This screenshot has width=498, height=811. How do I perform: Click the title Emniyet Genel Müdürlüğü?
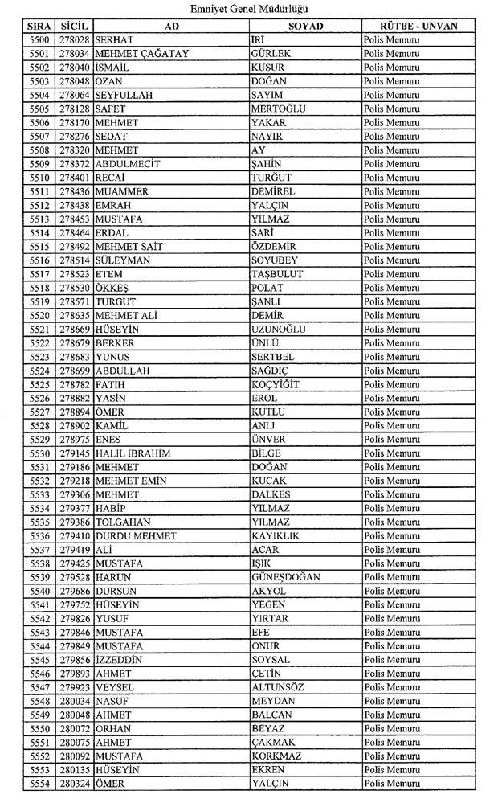point(250,9)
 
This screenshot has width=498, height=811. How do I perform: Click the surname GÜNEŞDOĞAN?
point(285,577)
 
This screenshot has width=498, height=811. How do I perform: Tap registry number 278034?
point(74,54)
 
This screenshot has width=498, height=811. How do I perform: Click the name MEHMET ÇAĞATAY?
point(135,54)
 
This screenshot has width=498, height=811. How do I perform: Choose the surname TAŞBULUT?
point(276,274)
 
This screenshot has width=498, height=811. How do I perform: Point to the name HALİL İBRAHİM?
point(133,453)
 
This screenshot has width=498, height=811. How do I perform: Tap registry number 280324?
point(74,784)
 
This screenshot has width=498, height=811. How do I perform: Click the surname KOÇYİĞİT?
point(276,384)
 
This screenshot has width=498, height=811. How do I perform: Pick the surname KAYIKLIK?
point(275,536)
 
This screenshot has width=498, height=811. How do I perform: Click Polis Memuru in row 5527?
point(391,412)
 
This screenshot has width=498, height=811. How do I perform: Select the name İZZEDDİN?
point(118,660)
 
